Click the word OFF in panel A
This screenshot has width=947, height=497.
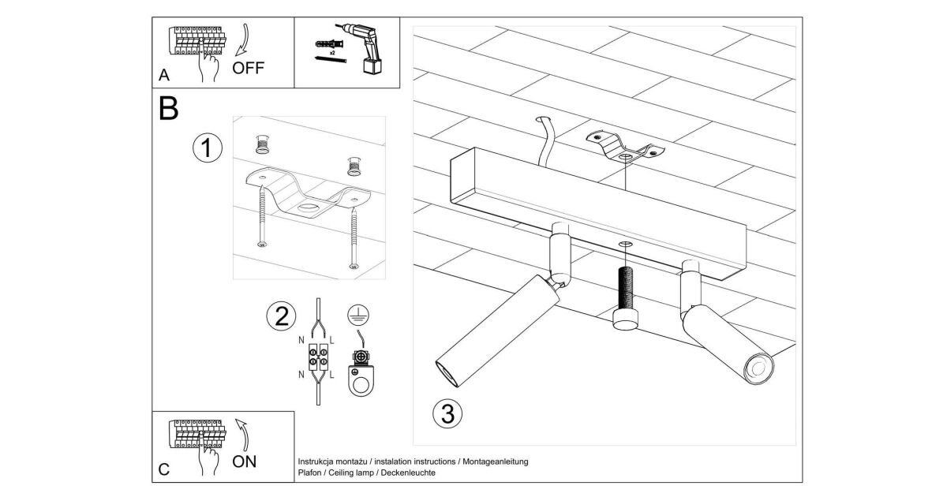[249, 68]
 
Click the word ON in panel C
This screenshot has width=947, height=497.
[245, 461]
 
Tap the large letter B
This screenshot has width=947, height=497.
[169, 110]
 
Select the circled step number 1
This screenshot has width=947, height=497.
[207, 148]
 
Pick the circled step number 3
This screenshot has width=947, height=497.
[447, 413]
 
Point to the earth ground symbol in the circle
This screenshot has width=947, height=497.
[357, 316]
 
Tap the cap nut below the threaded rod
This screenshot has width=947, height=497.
[624, 319]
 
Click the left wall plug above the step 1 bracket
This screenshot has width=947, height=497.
[263, 145]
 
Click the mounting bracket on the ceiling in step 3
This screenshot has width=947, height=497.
[624, 149]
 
